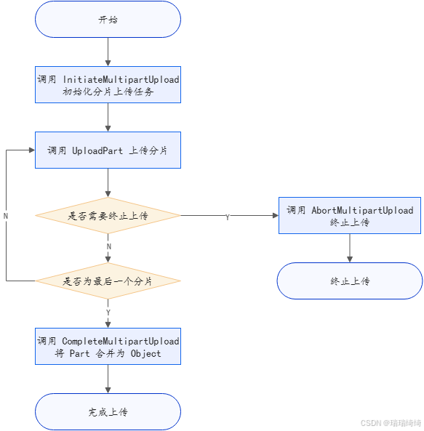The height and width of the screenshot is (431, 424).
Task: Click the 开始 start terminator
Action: click(108, 20)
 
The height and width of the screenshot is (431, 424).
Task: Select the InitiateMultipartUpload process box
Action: click(108, 85)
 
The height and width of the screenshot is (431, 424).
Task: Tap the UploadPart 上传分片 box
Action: click(108, 150)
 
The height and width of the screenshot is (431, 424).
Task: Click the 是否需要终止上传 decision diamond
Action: click(108, 216)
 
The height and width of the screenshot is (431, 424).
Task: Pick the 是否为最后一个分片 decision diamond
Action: click(108, 281)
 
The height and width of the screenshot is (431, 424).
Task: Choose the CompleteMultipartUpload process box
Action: click(108, 347)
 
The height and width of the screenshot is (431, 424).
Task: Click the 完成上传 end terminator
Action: click(108, 412)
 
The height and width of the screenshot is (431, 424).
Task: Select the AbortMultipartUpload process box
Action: click(350, 216)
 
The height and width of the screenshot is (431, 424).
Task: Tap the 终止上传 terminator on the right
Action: click(350, 281)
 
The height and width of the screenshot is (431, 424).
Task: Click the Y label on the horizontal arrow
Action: click(228, 217)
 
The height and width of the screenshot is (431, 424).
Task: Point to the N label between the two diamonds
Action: click(109, 247)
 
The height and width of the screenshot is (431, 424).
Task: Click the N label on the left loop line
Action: click(7, 217)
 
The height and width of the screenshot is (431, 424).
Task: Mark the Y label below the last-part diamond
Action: click(109, 312)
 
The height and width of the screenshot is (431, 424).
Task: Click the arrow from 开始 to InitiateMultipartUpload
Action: click(108, 52)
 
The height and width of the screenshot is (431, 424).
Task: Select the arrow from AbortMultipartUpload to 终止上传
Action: click(350, 248)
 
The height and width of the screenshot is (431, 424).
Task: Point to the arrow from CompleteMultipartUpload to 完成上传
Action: click(108, 379)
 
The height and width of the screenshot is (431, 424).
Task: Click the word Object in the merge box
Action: click(145, 354)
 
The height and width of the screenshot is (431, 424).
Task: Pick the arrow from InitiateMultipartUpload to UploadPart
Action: click(108, 118)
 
